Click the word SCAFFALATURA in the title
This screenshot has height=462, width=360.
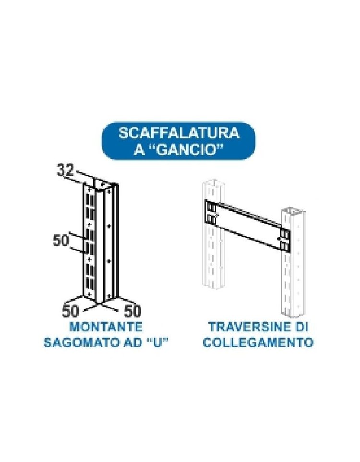point(179,133)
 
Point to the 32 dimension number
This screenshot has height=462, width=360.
point(65,170)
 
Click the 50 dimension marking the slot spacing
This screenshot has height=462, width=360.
point(60,241)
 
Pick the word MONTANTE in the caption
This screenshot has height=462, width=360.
point(106,327)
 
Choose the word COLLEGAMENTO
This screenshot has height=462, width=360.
point(258,342)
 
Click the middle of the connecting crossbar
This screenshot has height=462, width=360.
point(248,225)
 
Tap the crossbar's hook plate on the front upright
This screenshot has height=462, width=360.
point(285,239)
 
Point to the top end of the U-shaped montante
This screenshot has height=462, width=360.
point(100,184)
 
